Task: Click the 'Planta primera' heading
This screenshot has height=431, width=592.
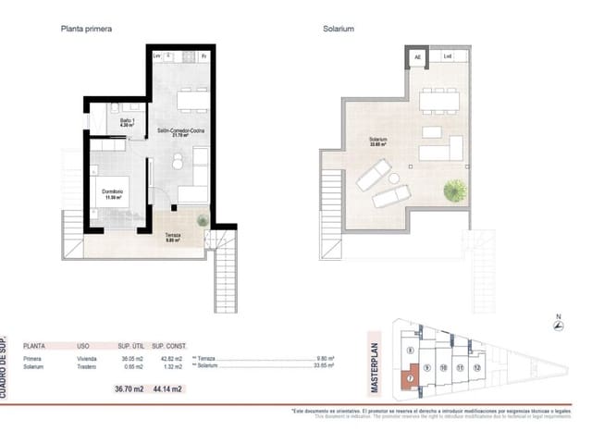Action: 87,29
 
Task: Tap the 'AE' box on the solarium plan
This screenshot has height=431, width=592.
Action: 417,57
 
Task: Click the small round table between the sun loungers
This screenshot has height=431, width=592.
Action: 391,178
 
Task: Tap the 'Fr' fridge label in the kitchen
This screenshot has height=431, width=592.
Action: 203,57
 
